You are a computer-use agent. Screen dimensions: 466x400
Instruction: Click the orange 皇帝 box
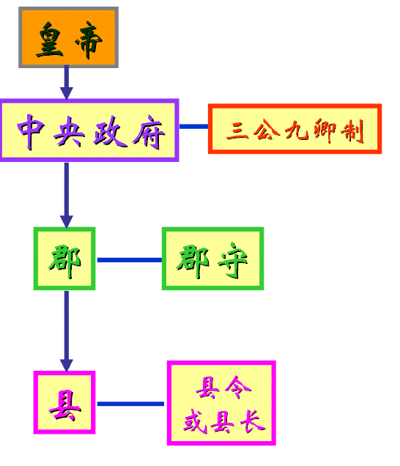tap(68, 37)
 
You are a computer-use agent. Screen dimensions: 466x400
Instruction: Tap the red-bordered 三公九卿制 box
tap(295, 129)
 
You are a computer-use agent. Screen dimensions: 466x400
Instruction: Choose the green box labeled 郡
tap(64, 259)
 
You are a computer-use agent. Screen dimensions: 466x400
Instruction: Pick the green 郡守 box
tap(212, 259)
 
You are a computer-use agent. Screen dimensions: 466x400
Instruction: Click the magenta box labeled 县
tap(65, 402)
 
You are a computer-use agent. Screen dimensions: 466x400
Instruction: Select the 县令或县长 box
tap(221, 402)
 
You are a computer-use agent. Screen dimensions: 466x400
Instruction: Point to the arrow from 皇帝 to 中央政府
tap(67, 82)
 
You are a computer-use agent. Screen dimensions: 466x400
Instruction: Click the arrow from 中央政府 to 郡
tap(67, 194)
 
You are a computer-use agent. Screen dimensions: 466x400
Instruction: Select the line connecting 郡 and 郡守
tap(129, 259)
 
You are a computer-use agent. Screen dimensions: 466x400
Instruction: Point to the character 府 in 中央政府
tap(150, 131)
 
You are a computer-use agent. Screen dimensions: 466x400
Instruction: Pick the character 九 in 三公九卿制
tap(295, 130)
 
